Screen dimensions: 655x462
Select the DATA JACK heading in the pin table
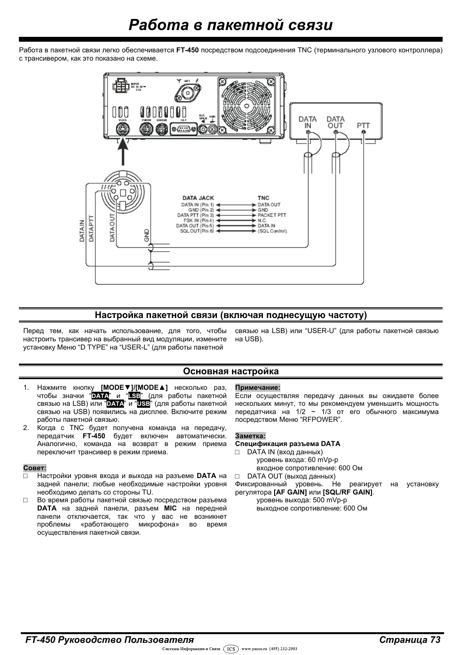pos(198,198)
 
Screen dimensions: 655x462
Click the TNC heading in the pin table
pos(263,198)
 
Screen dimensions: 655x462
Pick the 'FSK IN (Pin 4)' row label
pos(196,221)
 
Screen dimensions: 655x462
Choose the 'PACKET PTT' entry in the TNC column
pos(272,215)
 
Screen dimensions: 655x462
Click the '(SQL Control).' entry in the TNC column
pos(273,231)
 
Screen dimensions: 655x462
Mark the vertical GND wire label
pos(147,235)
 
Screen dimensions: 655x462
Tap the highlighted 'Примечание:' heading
pos(258,388)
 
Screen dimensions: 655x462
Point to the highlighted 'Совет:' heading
pos(34,468)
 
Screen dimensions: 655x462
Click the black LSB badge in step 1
pos(134,396)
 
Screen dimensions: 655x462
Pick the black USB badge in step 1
pos(143,404)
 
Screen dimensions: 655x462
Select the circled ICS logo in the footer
pos(231,649)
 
